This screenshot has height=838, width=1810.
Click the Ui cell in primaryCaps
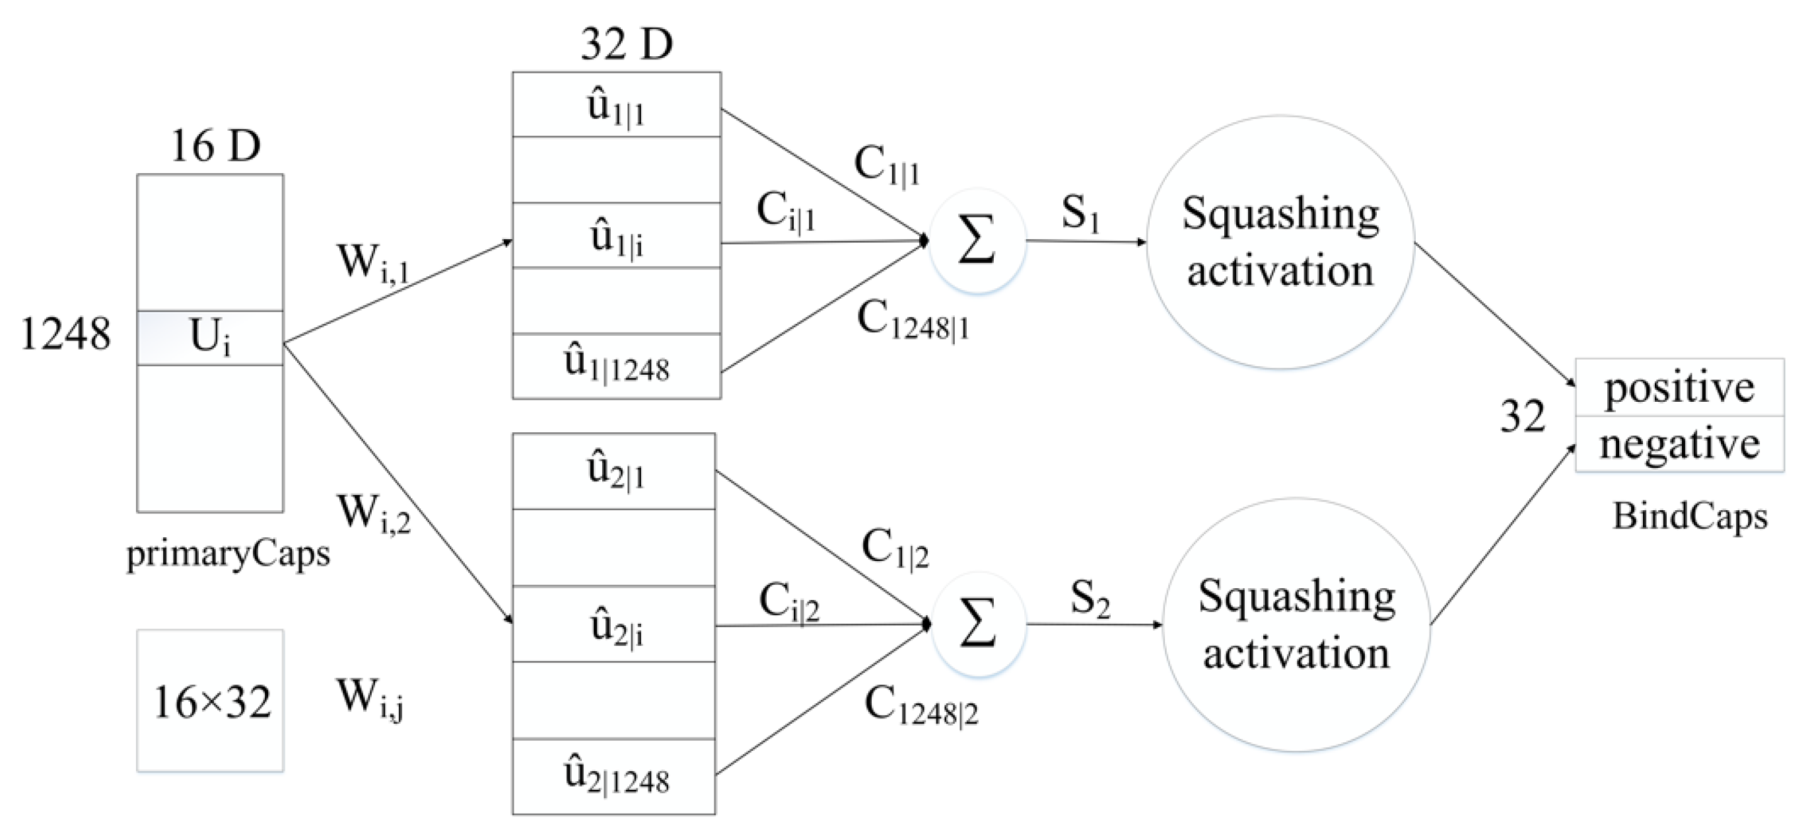pyautogui.click(x=209, y=338)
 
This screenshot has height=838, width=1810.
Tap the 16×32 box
pyautogui.click(x=209, y=701)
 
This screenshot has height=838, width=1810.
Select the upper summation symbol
pyautogui.click(x=977, y=241)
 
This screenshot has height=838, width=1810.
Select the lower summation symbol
pyautogui.click(x=978, y=625)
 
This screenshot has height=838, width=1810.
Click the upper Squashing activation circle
pyautogui.click(x=1280, y=242)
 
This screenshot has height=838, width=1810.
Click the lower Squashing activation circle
pyautogui.click(x=1296, y=625)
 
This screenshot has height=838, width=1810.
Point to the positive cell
pyautogui.click(x=1679, y=388)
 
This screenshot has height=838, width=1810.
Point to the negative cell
pyautogui.click(x=1679, y=444)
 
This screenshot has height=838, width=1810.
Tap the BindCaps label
pyautogui.click(x=1689, y=517)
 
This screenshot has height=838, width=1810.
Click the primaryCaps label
pyautogui.click(x=228, y=554)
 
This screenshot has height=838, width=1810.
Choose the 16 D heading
pyautogui.click(x=215, y=146)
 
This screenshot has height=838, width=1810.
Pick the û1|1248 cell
pyautogui.click(x=616, y=365)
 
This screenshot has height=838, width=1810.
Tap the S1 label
pyautogui.click(x=1080, y=211)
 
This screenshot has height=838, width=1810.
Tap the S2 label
pyautogui.click(x=1090, y=598)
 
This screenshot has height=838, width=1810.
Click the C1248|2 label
pyautogui.click(x=921, y=706)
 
